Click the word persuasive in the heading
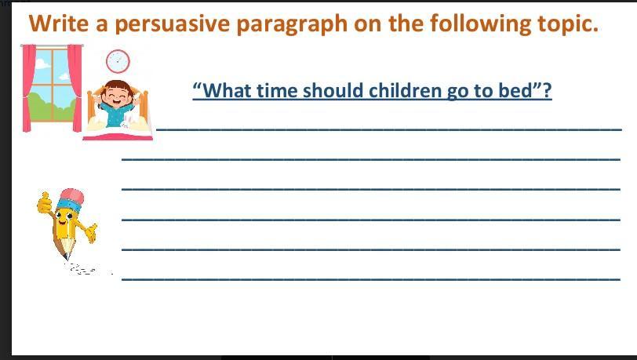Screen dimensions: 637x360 pyautogui.click(x=173, y=24)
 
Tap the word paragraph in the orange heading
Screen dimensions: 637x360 pyautogui.click(x=292, y=24)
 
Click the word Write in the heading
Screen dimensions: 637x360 pyautogui.click(x=59, y=23)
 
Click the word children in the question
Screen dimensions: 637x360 pyautogui.click(x=405, y=89)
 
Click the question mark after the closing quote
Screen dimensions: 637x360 pyautogui.click(x=548, y=90)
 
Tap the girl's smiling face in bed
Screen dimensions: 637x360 pyautogui.click(x=117, y=96)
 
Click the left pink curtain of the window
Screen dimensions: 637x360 pyautogui.click(x=28, y=88)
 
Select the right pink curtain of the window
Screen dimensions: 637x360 pyautogui.click(x=75, y=88)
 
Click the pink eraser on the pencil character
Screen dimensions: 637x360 pyautogui.click(x=73, y=196)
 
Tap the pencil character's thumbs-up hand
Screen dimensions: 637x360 pyautogui.click(x=44, y=203)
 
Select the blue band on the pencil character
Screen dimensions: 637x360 pyautogui.click(x=69, y=205)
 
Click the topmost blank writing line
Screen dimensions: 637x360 pyautogui.click(x=389, y=129)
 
